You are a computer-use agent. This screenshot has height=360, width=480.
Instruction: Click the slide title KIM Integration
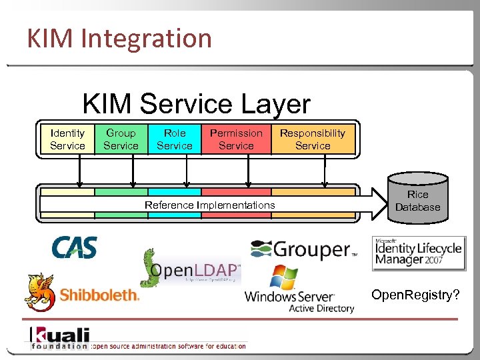coord(119,38)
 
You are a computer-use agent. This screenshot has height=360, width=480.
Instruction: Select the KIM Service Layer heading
coord(196,104)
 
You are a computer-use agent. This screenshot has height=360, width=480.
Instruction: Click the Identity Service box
coord(67,139)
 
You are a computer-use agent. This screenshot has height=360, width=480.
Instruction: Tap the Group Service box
coord(121,139)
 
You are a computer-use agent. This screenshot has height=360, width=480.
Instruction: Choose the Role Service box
coord(174,139)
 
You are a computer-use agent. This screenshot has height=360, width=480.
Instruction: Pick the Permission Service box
coord(236,139)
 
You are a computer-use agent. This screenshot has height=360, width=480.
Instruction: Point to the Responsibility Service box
coord(313,139)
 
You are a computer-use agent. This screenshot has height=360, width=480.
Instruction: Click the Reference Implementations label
coord(209,205)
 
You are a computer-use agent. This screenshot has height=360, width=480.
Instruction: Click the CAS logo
coord(75,247)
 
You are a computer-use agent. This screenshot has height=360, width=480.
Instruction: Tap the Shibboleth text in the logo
coord(99,295)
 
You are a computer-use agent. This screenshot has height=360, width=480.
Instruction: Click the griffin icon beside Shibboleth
coord(39,291)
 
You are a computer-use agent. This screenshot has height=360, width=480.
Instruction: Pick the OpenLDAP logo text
coord(195,270)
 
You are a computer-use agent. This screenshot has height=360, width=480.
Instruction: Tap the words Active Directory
coord(321,308)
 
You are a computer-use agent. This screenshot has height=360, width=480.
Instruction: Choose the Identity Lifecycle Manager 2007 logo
coord(419,253)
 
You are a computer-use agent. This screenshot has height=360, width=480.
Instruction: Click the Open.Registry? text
coord(415,295)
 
